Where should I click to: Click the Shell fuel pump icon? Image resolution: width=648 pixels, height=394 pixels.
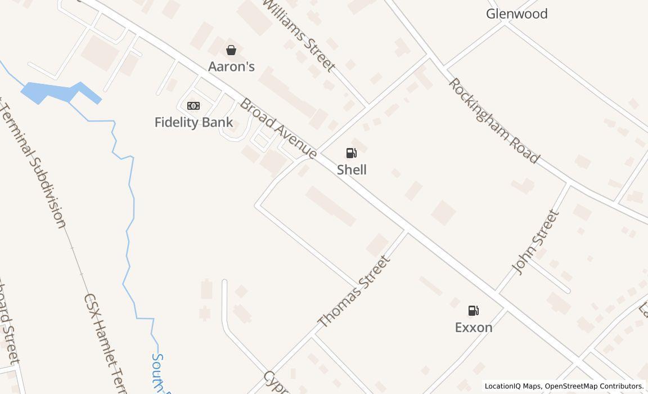351,153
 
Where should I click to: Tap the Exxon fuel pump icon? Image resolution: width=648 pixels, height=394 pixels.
474,310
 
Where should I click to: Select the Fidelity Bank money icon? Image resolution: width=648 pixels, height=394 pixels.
193,106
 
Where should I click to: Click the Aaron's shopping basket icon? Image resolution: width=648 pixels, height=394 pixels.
231,50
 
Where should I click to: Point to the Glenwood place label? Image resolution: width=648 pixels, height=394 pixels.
516,14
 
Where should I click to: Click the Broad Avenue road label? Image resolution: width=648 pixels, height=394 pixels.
278,128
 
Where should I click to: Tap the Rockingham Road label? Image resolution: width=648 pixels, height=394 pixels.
493,120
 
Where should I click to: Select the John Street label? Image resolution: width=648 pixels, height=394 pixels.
537,242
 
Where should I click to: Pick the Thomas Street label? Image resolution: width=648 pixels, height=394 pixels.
354,291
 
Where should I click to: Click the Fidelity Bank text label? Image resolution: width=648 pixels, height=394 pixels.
193,122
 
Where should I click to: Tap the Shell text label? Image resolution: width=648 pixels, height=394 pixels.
352,169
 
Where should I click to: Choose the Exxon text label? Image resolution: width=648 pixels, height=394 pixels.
474,327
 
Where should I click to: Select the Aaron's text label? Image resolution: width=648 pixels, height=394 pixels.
231,66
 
